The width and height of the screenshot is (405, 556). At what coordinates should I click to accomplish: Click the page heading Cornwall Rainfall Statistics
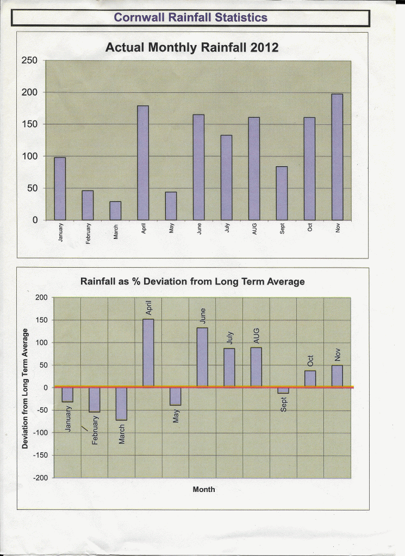[x=190, y=17]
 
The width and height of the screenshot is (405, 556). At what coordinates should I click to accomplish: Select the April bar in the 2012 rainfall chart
[x=143, y=163]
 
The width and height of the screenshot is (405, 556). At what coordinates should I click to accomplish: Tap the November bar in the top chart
[x=337, y=157]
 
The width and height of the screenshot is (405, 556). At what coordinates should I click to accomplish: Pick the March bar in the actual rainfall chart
[x=115, y=211]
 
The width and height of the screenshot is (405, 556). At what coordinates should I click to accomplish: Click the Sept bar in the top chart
[x=282, y=193]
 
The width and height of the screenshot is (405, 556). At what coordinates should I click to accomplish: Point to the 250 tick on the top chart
[x=29, y=61]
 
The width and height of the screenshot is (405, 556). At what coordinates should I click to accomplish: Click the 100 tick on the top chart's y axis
[x=29, y=156]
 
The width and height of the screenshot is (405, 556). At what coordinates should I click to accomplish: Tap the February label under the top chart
[x=89, y=232]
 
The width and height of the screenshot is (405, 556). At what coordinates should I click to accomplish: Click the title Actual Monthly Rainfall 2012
[x=191, y=48]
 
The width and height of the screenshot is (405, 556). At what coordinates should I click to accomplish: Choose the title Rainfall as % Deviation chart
[x=192, y=282]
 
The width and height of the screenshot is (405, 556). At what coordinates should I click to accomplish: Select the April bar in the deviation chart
[x=148, y=353]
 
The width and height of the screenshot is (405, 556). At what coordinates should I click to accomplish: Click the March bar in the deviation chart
[x=121, y=403]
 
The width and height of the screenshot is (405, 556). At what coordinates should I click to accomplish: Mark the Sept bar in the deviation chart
[x=283, y=390]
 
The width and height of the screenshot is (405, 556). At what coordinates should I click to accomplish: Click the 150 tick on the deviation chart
[x=42, y=320]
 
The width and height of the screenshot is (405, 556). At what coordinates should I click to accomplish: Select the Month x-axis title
[x=204, y=490]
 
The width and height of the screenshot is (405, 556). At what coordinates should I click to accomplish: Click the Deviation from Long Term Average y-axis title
[x=25, y=388]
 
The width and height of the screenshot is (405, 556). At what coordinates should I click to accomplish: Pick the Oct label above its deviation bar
[x=310, y=361]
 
